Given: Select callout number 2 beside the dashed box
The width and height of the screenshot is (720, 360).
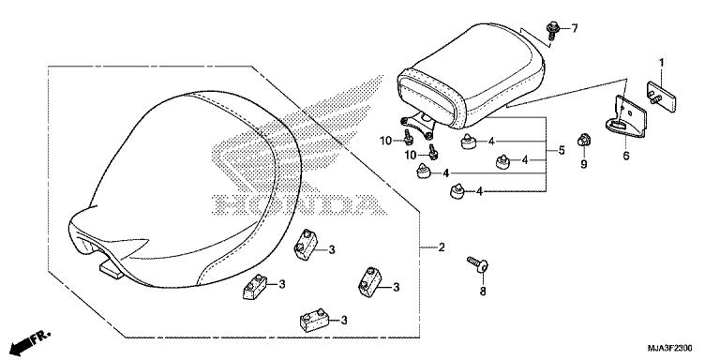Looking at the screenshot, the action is (x=441, y=248).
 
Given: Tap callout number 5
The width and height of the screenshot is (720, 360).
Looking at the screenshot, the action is (x=561, y=149).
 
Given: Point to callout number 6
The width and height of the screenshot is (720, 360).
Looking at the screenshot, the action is (x=626, y=157).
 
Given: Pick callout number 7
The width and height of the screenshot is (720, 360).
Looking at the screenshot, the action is (x=576, y=28).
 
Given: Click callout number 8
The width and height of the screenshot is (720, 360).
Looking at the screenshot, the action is (x=483, y=292).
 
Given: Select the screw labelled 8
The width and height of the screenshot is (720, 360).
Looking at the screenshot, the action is (x=477, y=264).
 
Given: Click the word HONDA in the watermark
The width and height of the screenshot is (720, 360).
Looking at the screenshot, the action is (x=296, y=202).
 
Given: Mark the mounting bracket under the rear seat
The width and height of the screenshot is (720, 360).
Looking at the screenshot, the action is (x=417, y=122).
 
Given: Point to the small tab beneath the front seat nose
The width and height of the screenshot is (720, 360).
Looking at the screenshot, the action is (x=110, y=271).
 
